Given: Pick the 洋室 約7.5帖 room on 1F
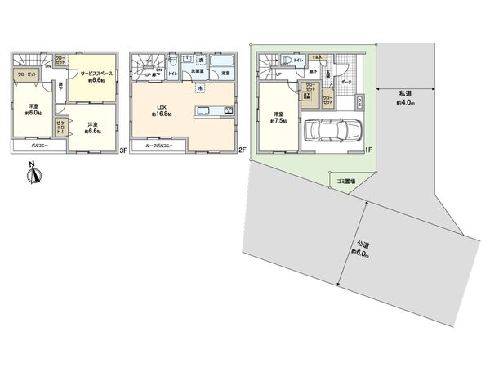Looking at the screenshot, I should point(278,119).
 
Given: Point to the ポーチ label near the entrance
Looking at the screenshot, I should point(347,82).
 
